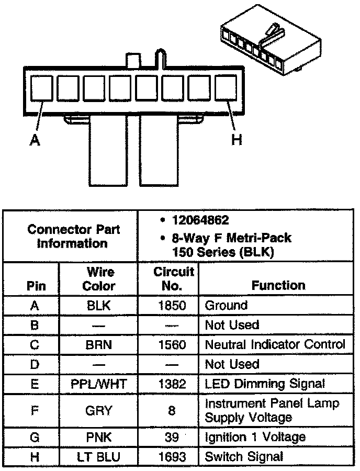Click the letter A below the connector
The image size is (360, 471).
pos(35,140)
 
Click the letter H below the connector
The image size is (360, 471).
pos(237,140)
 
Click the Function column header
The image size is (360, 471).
pos(278,285)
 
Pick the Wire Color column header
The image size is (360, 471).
pos(99,279)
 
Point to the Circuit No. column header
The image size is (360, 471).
pos(173,279)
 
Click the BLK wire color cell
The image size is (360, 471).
pos(99,306)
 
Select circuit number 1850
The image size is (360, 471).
pos(172,306)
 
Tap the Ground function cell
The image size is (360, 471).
pos(226,306)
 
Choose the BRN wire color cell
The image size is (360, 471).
pos(99,345)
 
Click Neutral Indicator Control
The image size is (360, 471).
pos(275,345)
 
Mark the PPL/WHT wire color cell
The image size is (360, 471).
pos(99,384)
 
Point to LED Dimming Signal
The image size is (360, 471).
pos(265,384)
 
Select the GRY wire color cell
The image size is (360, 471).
pos(99,411)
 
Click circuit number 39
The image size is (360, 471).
pos(172,438)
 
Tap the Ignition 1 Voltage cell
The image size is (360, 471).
pos(255,438)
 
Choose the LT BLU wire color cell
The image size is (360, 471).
pos(99,457)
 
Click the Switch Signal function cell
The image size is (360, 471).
pos(244,457)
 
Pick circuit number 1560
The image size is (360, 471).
pos(172,345)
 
